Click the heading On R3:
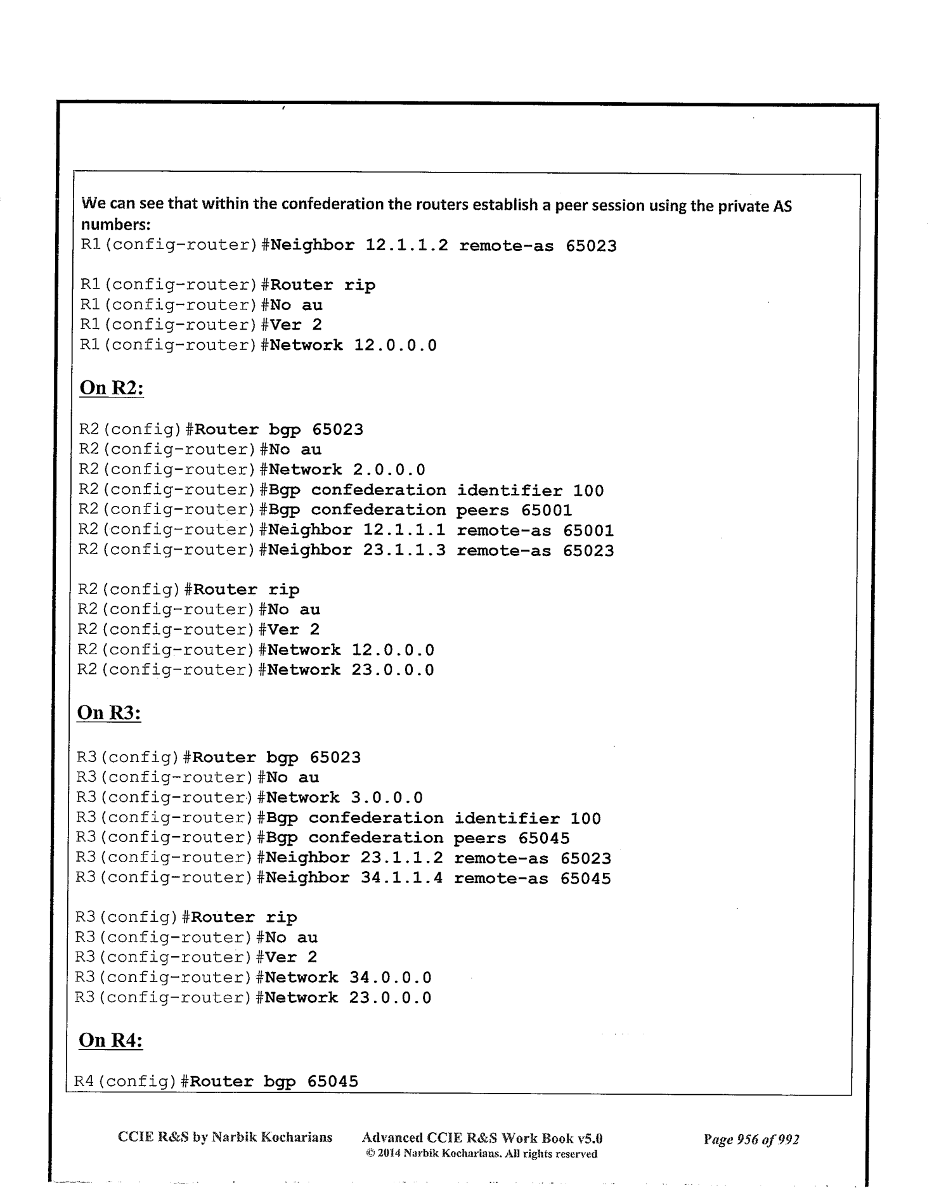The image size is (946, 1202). [108, 713]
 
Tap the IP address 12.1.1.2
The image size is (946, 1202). [406, 245]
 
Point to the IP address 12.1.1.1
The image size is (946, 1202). [404, 530]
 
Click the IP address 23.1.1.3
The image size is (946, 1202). [404, 550]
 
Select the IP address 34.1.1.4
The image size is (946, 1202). [401, 878]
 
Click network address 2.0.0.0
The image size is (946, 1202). [389, 470]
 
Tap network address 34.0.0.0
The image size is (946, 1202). [390, 978]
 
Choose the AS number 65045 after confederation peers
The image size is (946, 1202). [543, 837]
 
